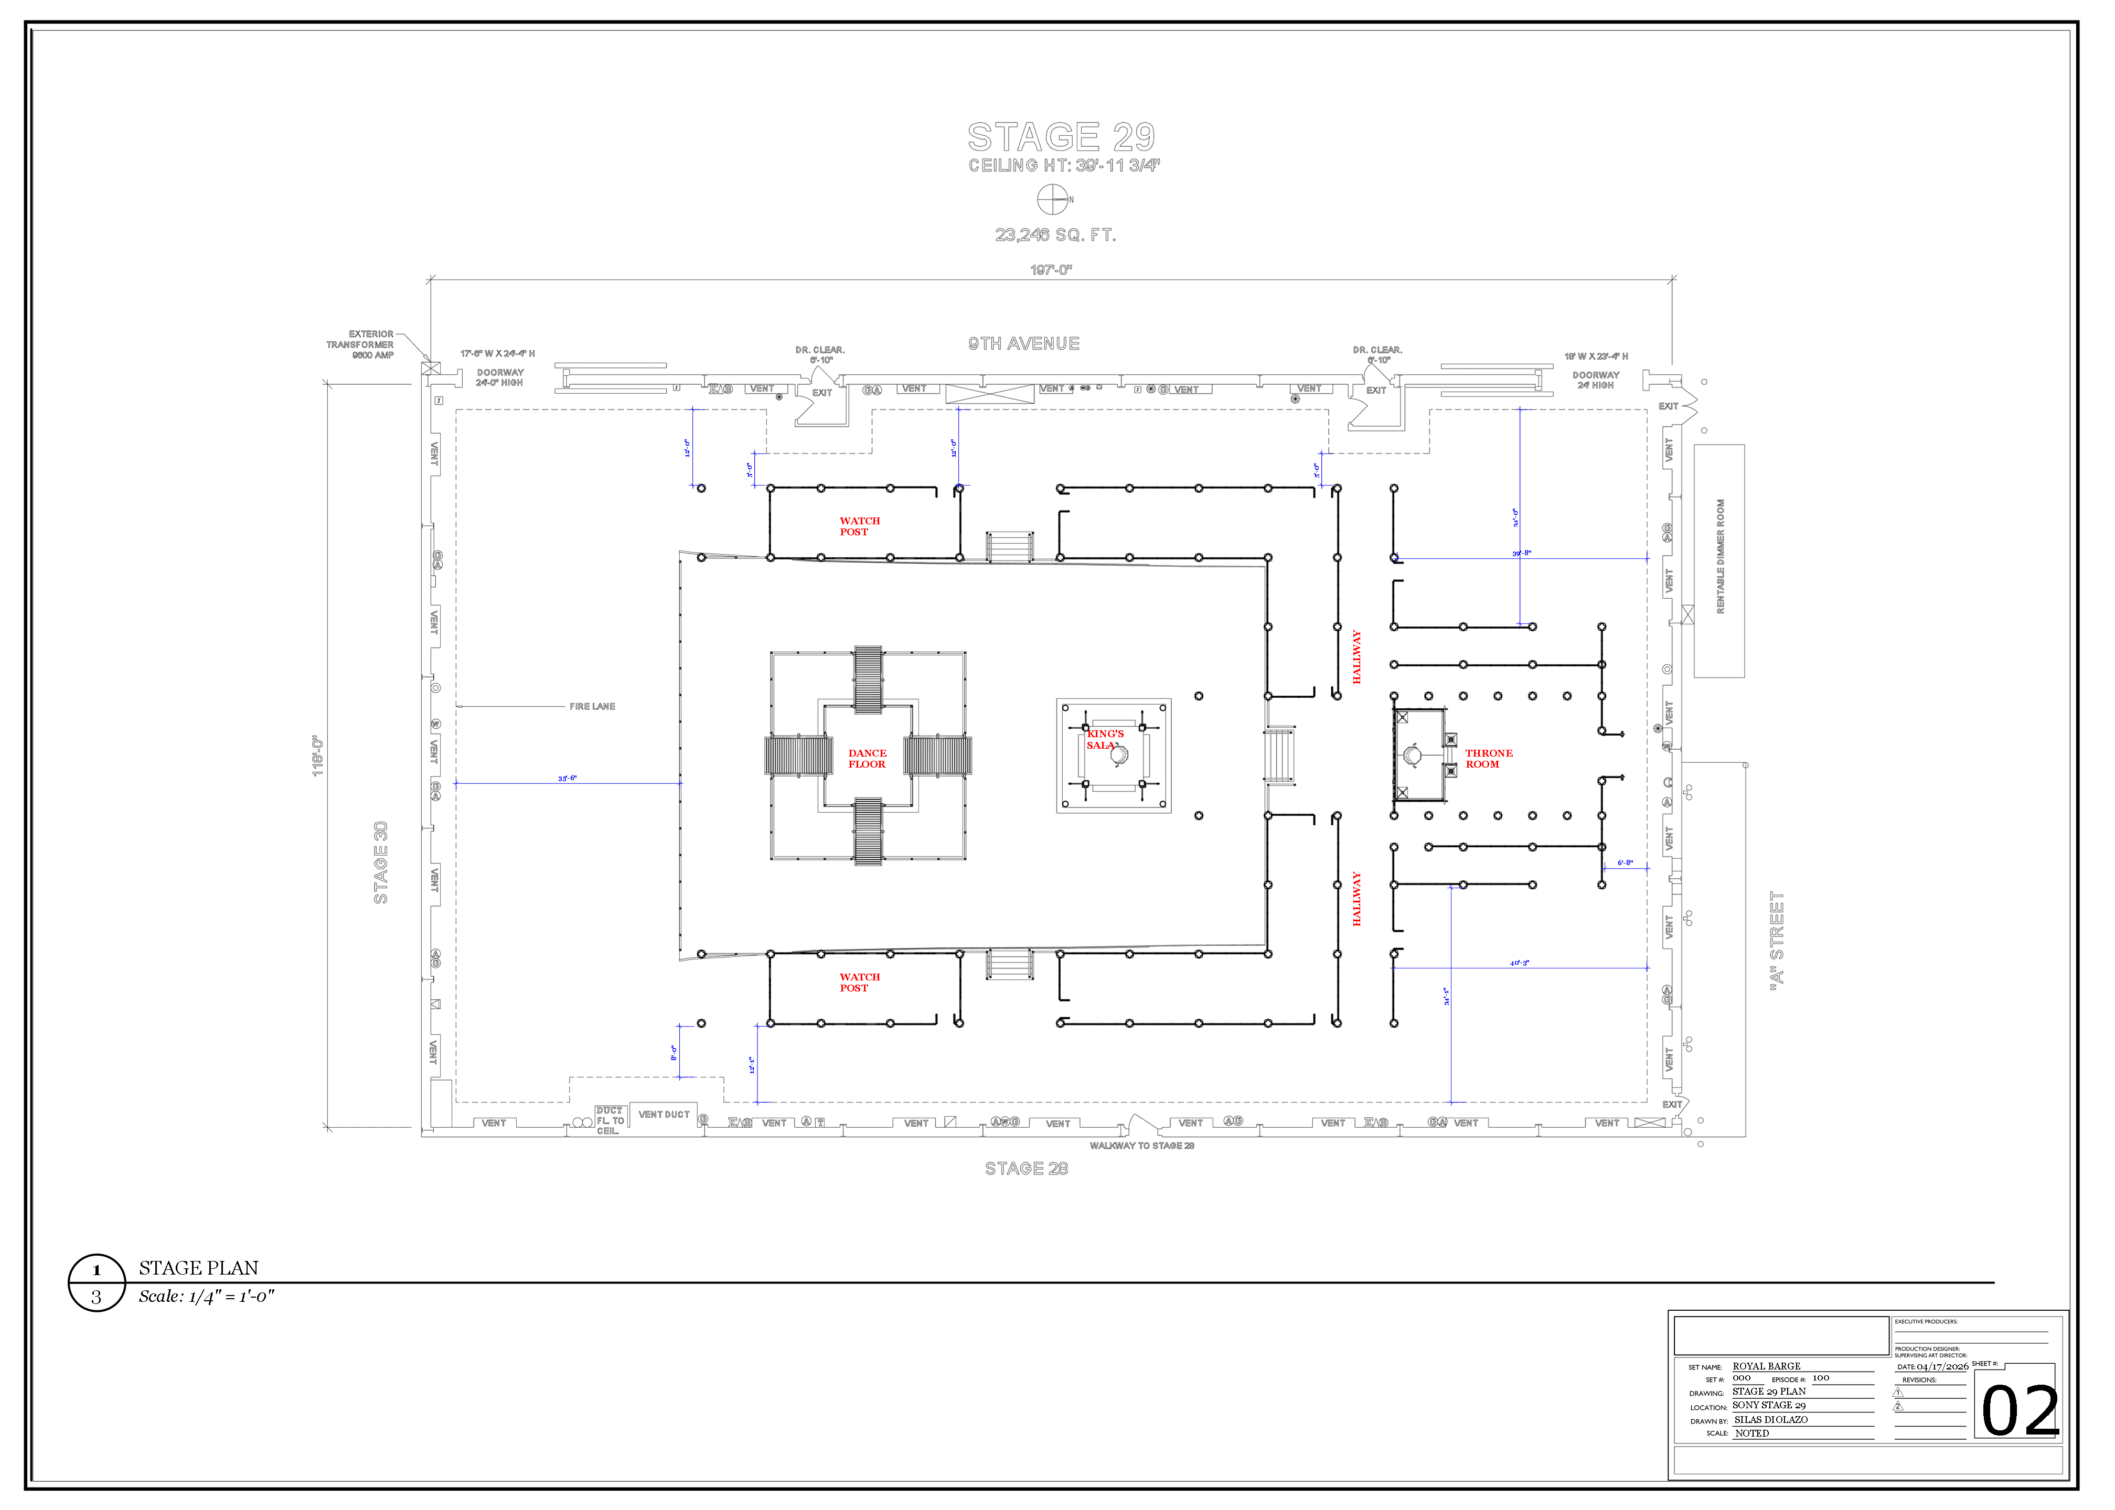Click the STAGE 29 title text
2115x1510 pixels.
tap(1061, 137)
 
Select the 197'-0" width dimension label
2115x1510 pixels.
tap(1051, 269)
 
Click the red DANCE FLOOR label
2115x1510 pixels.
tap(867, 759)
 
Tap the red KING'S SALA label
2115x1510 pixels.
tap(1104, 739)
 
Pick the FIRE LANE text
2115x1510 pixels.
tap(592, 707)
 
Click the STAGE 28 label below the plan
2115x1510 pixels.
tap(1026, 1169)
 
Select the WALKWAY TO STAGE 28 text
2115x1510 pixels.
tap(1141, 1146)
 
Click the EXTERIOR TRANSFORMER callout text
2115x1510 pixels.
tap(361, 344)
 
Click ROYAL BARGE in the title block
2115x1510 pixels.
tap(1766, 1366)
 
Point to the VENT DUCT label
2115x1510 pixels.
tap(664, 1114)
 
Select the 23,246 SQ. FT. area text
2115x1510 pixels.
tap(1055, 235)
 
